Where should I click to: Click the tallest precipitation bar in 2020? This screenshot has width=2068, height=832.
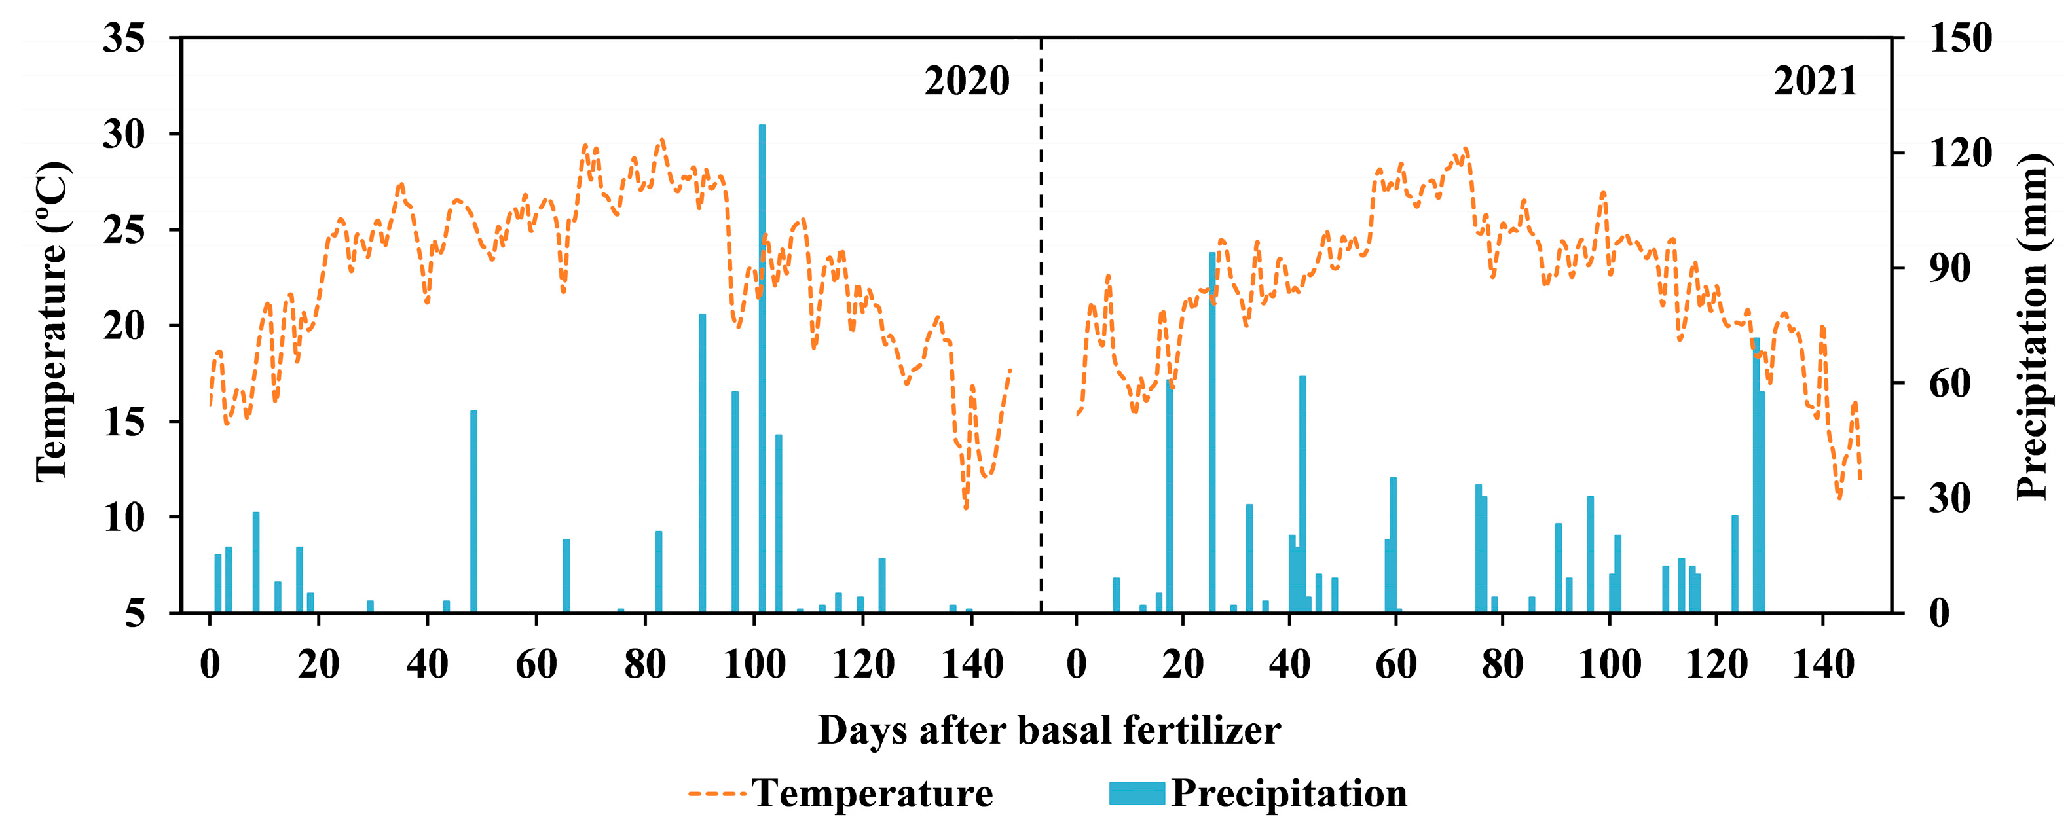[x=762, y=369]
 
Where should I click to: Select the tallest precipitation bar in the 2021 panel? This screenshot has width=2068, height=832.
[x=1212, y=433]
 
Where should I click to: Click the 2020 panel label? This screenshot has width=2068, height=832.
[x=967, y=81]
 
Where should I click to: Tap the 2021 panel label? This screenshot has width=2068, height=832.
[x=1815, y=81]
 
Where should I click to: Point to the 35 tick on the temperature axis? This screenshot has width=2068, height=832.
[x=124, y=39]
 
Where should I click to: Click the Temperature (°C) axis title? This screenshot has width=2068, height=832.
[x=53, y=321]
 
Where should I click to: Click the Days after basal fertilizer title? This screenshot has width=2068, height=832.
[x=1048, y=730]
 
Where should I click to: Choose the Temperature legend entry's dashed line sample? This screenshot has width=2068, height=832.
[x=718, y=793]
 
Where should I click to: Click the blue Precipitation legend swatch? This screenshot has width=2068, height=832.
[x=1137, y=793]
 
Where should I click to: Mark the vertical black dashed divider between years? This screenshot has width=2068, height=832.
[x=1041, y=321]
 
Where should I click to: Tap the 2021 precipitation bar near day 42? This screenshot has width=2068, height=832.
[x=1302, y=494]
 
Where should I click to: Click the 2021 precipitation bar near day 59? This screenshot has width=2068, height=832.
[x=1393, y=545]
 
